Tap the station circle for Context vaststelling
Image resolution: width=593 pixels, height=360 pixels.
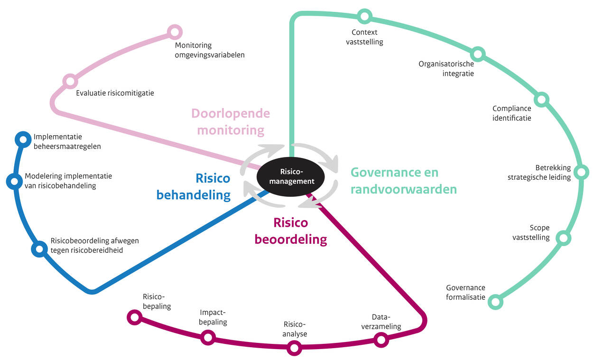(x=364, y=17)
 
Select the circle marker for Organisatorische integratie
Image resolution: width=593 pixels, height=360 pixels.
(x=478, y=54)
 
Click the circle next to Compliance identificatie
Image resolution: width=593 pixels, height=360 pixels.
(x=541, y=100)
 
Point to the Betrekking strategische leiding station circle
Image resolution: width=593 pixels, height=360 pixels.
(x=581, y=172)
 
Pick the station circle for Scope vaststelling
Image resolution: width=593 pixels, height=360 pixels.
(x=563, y=238)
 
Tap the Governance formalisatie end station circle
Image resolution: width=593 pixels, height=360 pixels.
(x=495, y=302)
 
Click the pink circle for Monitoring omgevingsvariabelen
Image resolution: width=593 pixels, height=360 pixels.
(x=175, y=32)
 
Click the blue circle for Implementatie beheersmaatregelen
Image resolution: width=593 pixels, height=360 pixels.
(x=22, y=139)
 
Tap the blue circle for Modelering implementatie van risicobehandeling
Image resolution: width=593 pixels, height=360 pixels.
(x=14, y=181)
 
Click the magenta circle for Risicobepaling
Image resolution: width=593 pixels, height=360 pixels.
(x=135, y=317)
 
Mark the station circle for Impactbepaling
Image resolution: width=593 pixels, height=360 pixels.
(x=208, y=338)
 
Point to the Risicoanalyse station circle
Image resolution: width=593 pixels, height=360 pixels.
(x=294, y=348)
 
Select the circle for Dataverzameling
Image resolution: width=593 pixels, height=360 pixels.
(x=380, y=340)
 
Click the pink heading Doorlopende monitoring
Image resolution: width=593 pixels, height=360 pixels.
(x=231, y=121)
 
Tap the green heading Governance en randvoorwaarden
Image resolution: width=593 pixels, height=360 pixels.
(x=403, y=181)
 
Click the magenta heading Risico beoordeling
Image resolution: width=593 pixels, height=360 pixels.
(x=291, y=231)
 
